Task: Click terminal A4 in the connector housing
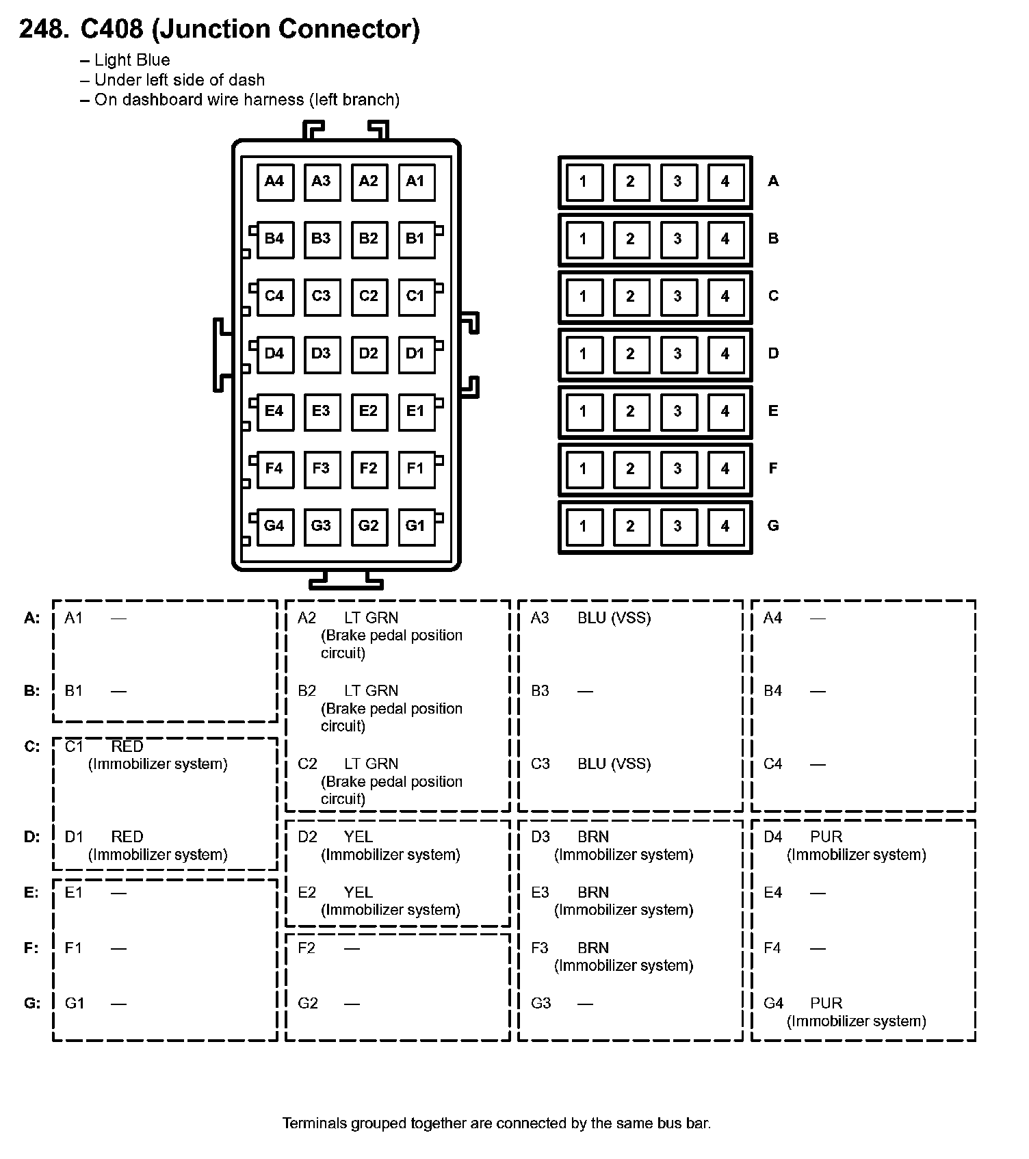coord(275,182)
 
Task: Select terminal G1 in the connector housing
coord(416,526)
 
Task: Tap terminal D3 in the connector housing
coord(322,354)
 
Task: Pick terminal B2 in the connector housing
coord(369,239)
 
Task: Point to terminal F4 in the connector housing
coord(275,469)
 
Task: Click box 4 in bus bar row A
coord(725,182)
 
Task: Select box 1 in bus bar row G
coord(584,526)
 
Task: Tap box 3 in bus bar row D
coord(678,354)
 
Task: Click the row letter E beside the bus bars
coord(773,411)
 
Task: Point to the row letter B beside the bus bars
coord(773,239)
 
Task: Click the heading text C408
coord(112,29)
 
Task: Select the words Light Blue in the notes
coord(132,60)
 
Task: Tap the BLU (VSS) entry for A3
coord(614,618)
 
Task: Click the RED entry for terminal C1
coord(127,746)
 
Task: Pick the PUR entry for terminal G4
coord(826,1004)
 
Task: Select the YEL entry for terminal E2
coord(359,893)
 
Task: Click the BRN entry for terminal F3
coord(592,948)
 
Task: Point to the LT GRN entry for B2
coord(371,691)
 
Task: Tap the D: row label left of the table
coord(32,837)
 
